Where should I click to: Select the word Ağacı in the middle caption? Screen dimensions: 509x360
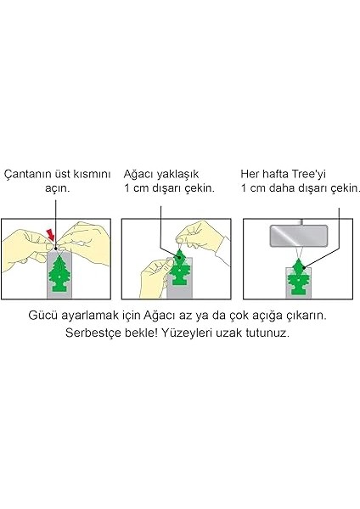click(141, 172)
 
